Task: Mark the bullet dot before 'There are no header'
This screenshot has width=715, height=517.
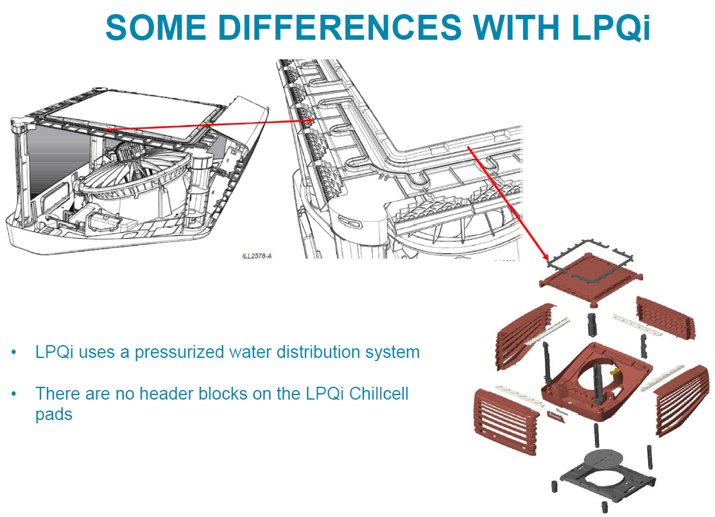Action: point(14,394)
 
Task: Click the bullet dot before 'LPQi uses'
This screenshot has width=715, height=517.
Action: point(14,353)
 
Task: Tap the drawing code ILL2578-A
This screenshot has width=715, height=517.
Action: point(257,256)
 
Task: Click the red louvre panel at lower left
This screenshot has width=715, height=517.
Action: point(504,420)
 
